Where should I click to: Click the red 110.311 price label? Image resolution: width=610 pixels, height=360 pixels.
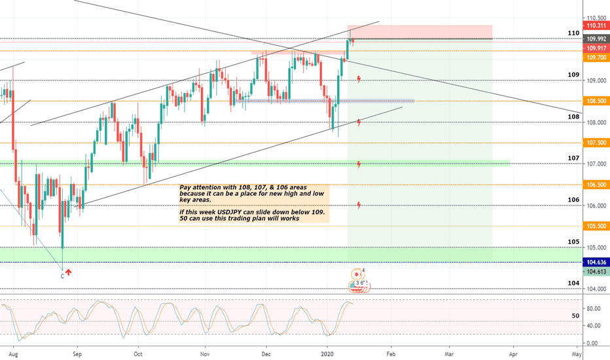click(x=596, y=26)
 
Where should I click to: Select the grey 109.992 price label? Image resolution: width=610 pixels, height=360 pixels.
click(x=596, y=39)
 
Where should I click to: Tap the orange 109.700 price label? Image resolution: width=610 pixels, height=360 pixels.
click(x=596, y=58)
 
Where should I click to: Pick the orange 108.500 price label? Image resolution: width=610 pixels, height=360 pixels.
click(x=596, y=101)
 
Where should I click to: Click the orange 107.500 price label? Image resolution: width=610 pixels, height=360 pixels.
click(x=596, y=143)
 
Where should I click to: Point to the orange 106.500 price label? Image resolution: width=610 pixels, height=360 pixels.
click(x=596, y=185)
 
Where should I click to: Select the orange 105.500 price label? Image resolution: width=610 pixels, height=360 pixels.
click(x=596, y=226)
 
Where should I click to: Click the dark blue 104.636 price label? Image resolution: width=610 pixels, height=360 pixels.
click(x=596, y=262)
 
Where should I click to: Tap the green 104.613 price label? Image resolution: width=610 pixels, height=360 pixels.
click(x=596, y=272)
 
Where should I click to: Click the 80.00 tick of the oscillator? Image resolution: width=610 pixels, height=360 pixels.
click(x=594, y=308)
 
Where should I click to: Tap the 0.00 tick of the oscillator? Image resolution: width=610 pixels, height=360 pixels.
click(x=594, y=343)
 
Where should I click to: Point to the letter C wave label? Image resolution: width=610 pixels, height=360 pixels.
click(x=62, y=276)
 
